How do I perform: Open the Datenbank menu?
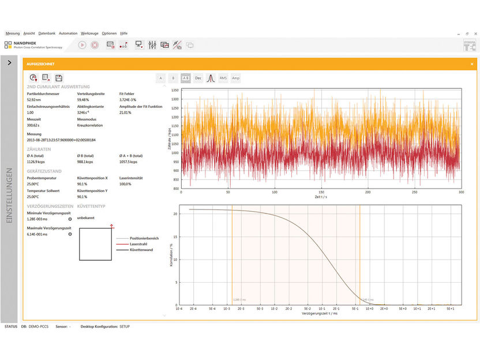point(47,33)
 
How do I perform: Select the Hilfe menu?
point(124,33)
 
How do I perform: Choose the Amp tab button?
point(235,78)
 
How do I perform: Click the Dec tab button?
point(198,78)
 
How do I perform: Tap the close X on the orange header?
point(472,64)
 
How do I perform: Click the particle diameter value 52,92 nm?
point(36,100)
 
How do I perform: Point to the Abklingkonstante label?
point(90,107)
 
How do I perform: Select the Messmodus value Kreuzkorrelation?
point(89,125)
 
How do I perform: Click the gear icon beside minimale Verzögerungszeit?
point(70,219)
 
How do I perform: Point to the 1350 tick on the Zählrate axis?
point(175,91)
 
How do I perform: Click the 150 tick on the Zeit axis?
point(321,192)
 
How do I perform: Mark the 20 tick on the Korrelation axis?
point(175,213)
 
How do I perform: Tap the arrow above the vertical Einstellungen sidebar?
point(10,63)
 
